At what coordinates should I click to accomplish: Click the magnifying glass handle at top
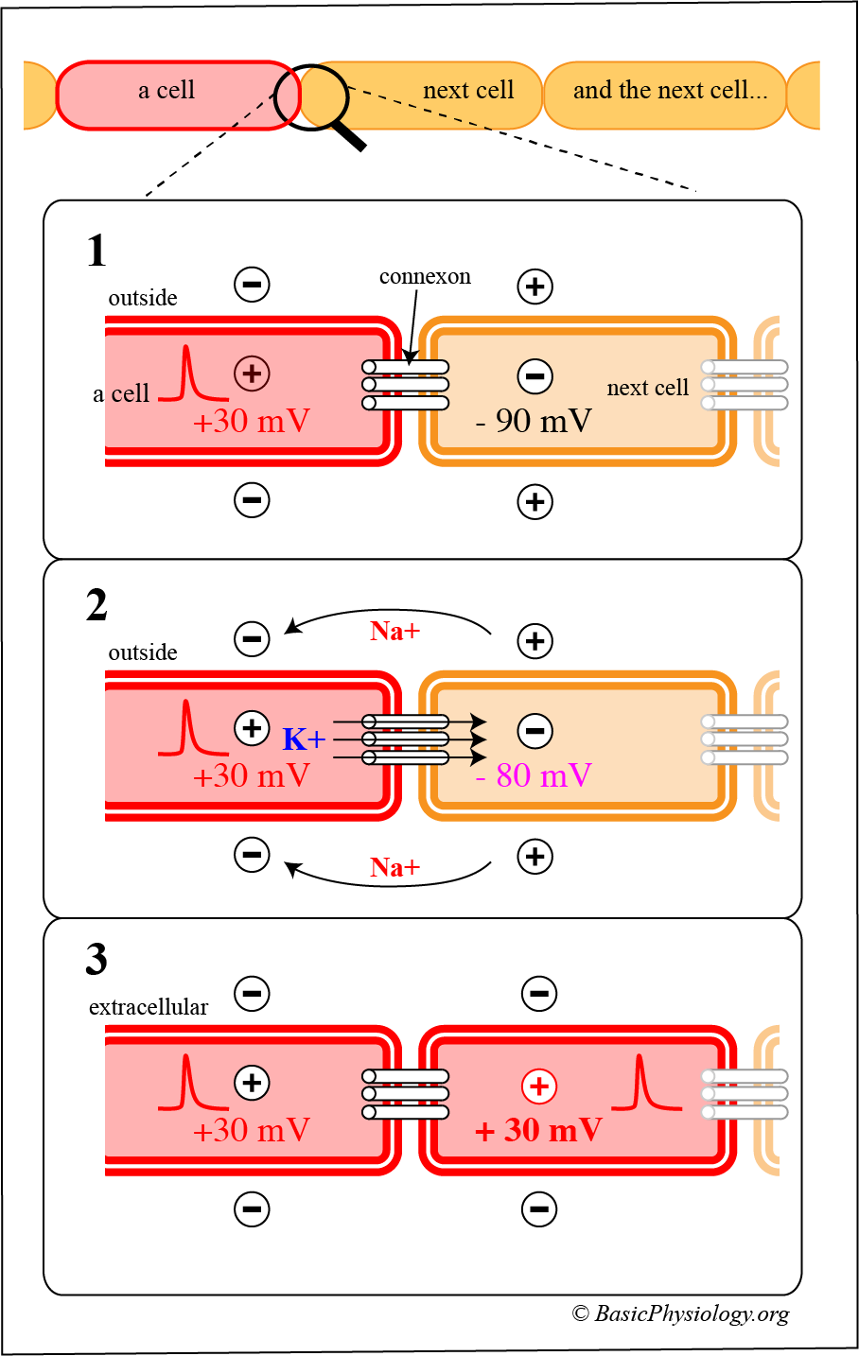point(349,135)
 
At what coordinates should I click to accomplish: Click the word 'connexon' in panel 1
point(425,277)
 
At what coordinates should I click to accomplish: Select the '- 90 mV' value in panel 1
point(535,421)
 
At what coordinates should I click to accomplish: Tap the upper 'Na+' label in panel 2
point(394,632)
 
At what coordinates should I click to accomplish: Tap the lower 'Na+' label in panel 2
point(394,867)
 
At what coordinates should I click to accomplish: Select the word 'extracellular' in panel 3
point(149,1007)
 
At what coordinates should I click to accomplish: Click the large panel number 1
point(96,252)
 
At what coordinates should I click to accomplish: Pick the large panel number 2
point(96,605)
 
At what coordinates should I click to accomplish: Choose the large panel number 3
point(96,960)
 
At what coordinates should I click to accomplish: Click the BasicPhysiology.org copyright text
point(680,1313)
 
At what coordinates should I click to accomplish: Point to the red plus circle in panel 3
point(539,1087)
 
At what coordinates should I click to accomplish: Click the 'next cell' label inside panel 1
point(648,388)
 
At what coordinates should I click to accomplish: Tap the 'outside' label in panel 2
point(143,652)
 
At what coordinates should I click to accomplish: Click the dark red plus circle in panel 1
point(252,374)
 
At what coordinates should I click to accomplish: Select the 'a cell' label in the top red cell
point(167,91)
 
